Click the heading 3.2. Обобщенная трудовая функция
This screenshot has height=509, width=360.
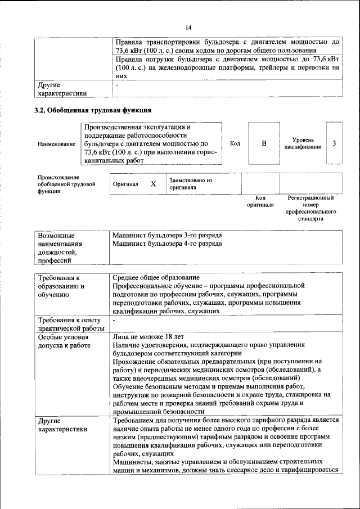click(93, 110)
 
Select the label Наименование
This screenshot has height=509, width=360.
click(56, 145)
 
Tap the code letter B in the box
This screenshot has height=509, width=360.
click(264, 143)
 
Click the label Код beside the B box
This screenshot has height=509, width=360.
click(235, 143)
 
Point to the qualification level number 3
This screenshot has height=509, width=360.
click(334, 143)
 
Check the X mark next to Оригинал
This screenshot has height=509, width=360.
click(153, 184)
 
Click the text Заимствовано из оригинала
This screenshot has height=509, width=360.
click(190, 184)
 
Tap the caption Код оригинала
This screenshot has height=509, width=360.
click(260, 201)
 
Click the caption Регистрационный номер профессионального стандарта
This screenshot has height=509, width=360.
click(310, 208)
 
